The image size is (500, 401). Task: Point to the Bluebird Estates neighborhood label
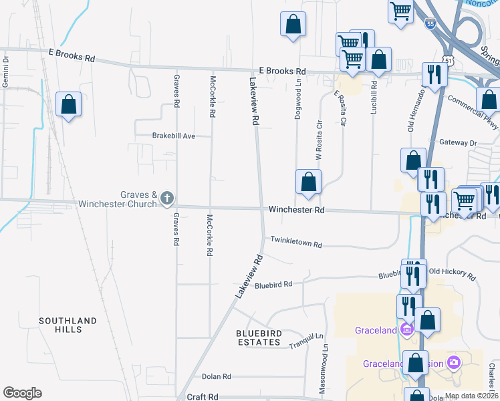coord(258,338)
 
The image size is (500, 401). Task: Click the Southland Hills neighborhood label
coord(68,325)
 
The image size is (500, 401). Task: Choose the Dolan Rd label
coord(216,377)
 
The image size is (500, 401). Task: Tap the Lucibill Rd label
coord(374,98)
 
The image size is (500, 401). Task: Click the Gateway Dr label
coord(458,142)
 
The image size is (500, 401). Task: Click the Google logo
coord(22,393)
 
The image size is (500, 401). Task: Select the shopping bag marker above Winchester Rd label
coord(308,182)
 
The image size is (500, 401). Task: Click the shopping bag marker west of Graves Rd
coord(68,105)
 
